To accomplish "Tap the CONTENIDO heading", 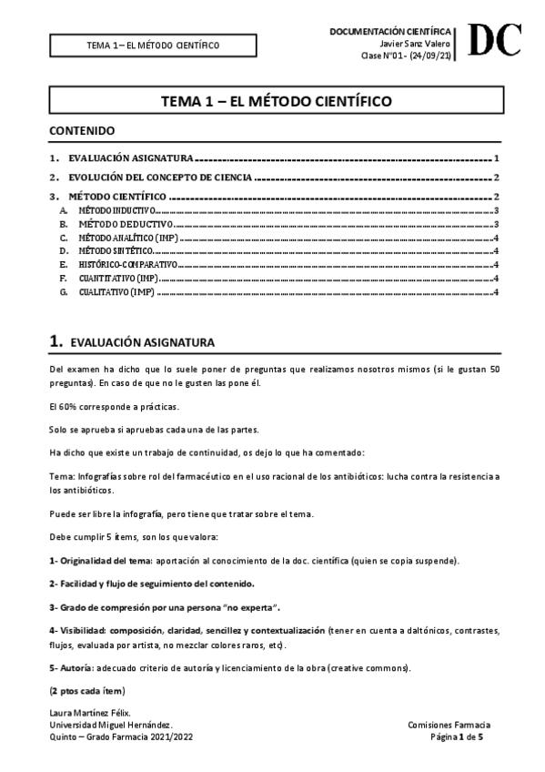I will [82, 131].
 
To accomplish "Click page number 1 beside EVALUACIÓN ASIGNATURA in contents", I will [496, 157].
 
